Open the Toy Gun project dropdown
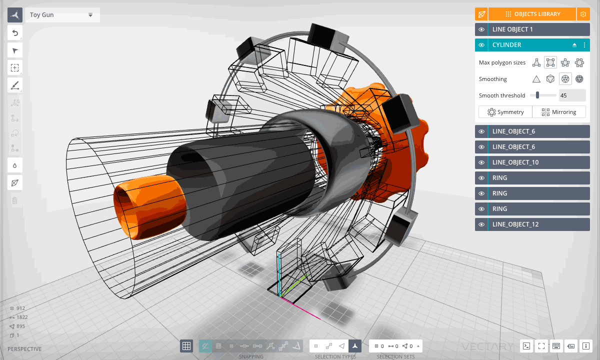tap(62, 15)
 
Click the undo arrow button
tap(15, 33)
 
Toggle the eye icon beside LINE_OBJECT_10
tap(481, 162)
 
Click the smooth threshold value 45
tap(572, 95)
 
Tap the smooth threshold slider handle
tap(537, 95)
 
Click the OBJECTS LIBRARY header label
tap(532, 14)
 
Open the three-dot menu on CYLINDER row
tap(584, 45)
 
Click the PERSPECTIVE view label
tap(24, 349)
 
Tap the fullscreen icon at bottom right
tap(541, 345)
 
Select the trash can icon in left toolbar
tap(15, 200)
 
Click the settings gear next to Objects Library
tap(583, 14)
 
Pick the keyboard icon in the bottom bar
tap(556, 345)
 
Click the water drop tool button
tap(15, 165)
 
